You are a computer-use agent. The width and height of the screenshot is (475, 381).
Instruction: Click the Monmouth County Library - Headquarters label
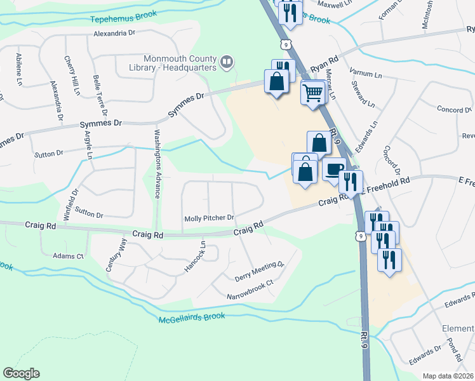pyautogui.click(x=180, y=63)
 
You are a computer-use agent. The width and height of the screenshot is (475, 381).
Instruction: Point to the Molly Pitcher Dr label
pyautogui.click(x=210, y=218)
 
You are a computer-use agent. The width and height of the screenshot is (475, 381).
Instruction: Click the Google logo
pyautogui.click(x=21, y=373)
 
